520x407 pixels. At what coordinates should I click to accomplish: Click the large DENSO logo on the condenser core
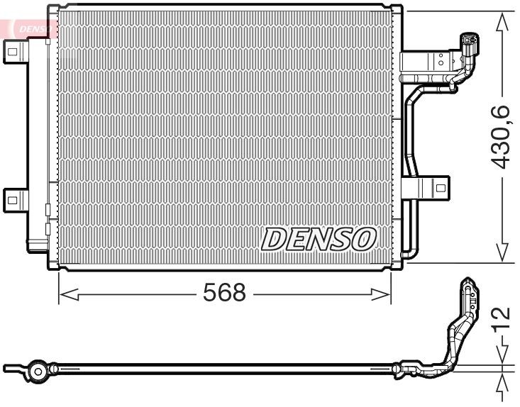(x=318, y=240)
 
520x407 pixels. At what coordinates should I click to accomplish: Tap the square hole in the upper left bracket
(x=12, y=49)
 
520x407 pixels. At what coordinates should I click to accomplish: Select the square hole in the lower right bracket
(x=440, y=189)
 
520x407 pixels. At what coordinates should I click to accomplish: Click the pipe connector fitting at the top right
(x=468, y=44)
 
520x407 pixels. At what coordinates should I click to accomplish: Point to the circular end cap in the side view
(x=37, y=370)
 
